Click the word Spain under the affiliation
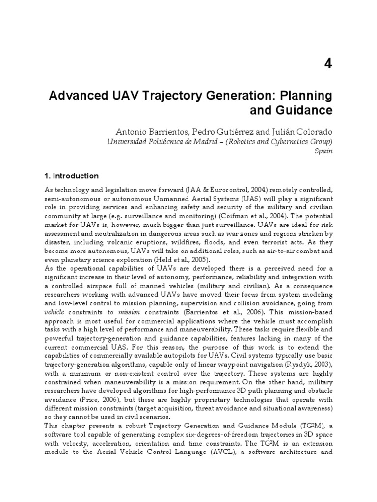(x=323, y=151)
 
